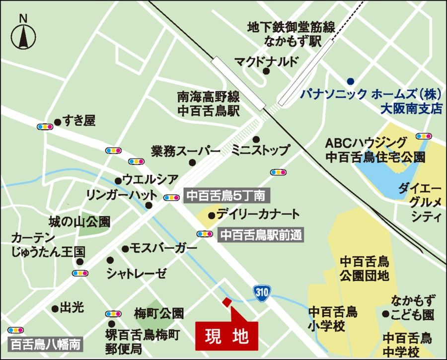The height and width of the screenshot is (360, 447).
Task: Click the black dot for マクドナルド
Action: pos(266,72)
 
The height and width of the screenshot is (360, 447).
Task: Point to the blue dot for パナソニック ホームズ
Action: pos(350,81)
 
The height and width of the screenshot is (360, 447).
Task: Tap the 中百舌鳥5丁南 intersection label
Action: pos(226,196)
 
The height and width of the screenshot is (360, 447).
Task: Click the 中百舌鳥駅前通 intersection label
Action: pos(260,234)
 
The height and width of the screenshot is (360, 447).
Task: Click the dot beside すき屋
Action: pos(57,121)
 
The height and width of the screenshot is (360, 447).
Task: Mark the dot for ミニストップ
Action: pos(256,140)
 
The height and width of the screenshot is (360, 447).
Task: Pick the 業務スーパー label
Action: pos(186,150)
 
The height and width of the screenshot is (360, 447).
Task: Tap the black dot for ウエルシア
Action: pos(118,181)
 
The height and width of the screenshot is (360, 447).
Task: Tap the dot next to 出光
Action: pos(55,308)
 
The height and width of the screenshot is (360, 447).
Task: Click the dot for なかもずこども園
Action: pos(385,313)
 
